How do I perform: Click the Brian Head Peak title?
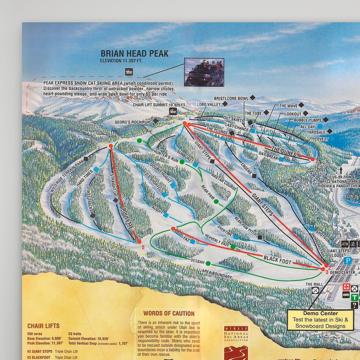click(x=134, y=54)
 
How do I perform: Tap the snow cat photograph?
click(x=204, y=72)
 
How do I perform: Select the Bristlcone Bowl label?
click(x=231, y=98)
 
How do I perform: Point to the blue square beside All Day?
click(x=320, y=126)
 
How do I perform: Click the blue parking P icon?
click(x=348, y=261)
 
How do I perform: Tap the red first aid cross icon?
click(x=347, y=288)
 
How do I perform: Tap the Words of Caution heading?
click(x=169, y=313)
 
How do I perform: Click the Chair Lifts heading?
click(x=43, y=326)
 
